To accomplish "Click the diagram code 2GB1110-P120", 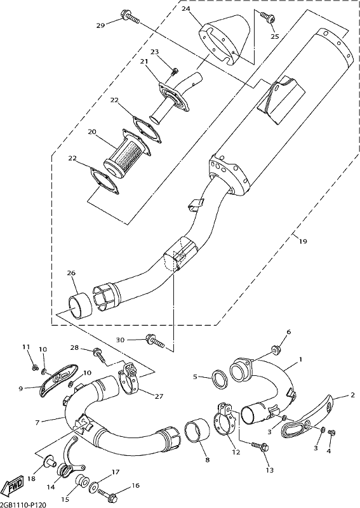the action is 23,504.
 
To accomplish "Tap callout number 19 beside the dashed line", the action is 303,241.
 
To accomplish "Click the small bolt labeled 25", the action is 267,17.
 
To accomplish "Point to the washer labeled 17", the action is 93,485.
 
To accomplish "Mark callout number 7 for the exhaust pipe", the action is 37,422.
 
